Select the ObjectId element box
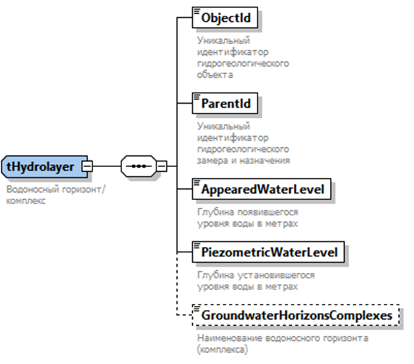(x=225, y=18)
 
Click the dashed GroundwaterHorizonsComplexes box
(x=295, y=315)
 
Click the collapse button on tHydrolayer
(x=87, y=166)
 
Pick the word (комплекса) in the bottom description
(x=222, y=349)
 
